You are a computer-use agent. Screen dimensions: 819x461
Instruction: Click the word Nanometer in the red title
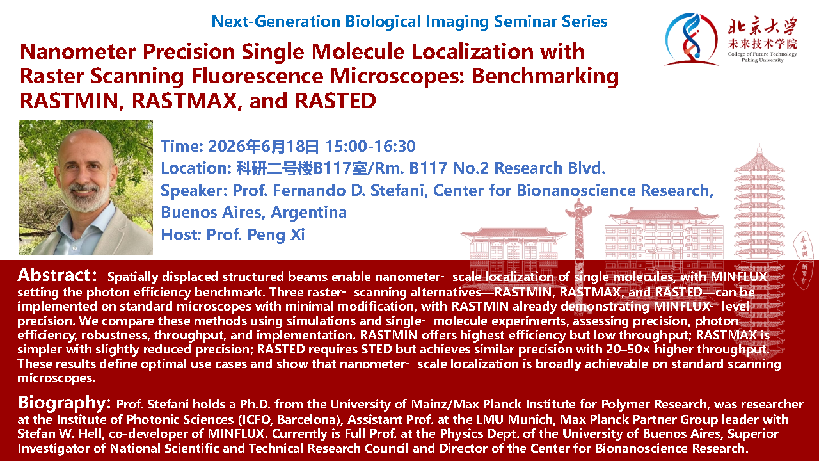(78, 52)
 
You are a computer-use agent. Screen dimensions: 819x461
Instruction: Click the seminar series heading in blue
(409, 22)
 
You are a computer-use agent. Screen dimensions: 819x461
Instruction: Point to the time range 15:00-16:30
(370, 147)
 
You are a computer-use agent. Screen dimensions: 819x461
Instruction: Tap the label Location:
(196, 168)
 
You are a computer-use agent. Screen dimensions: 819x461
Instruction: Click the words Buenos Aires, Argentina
(254, 213)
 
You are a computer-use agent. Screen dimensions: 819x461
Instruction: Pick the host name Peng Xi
(276, 235)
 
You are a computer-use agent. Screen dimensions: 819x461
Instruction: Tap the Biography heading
(64, 403)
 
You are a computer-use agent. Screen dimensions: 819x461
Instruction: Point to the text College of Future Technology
(762, 54)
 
